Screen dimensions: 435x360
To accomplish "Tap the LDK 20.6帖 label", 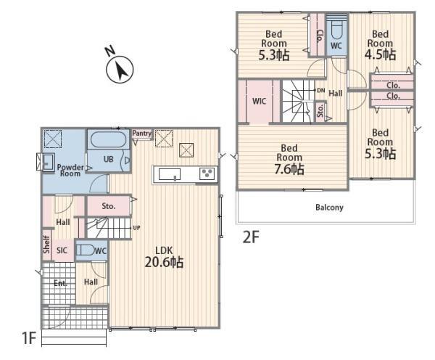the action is pyautogui.click(x=164, y=257).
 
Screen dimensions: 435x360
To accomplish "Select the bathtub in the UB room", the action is pyautogui.click(x=109, y=139).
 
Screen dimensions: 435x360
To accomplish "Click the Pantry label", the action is pyautogui.click(x=142, y=134).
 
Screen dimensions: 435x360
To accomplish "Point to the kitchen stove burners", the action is pyautogui.click(x=207, y=174).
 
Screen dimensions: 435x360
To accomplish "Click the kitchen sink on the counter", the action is pyautogui.click(x=170, y=174).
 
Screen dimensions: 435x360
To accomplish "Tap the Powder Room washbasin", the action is pyautogui.click(x=49, y=163).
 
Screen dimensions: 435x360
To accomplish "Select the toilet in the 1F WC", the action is pyautogui.click(x=85, y=250).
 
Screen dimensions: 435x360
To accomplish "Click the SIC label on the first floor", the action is pyautogui.click(x=62, y=250).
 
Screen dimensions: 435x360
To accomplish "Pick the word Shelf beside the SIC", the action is pyautogui.click(x=46, y=245).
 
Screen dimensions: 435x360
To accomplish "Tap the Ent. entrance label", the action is pyautogui.click(x=60, y=283).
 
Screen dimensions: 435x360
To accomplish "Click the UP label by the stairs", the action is pyautogui.click(x=136, y=228).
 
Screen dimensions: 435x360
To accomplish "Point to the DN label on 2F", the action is pyautogui.click(x=320, y=90).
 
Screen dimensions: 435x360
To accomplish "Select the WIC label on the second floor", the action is pyautogui.click(x=259, y=101).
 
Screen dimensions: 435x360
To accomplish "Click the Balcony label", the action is pyautogui.click(x=329, y=208).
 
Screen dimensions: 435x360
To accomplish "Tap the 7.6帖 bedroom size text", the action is pyautogui.click(x=289, y=169).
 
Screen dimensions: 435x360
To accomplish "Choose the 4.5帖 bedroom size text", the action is pyautogui.click(x=380, y=54).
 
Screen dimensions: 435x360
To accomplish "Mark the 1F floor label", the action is pyautogui.click(x=29, y=338).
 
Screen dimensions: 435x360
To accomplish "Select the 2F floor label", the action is pyautogui.click(x=251, y=237).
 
